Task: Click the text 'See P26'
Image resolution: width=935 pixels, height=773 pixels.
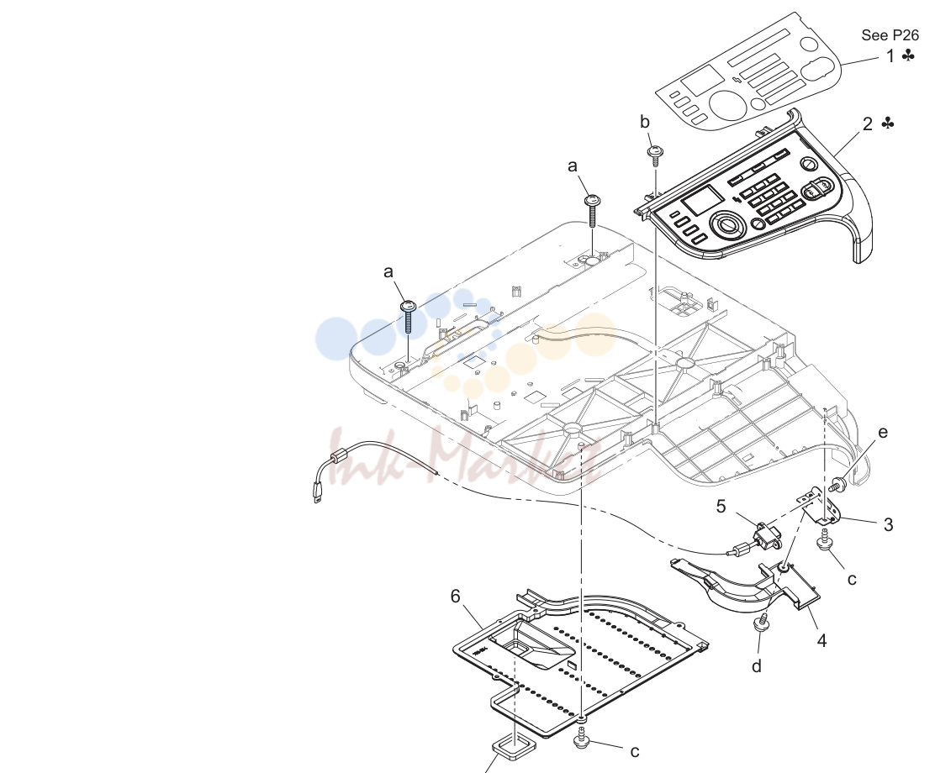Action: pos(890,35)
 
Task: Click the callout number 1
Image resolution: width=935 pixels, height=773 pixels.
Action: pos(890,56)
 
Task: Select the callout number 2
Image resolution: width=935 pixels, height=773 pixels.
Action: pos(868,124)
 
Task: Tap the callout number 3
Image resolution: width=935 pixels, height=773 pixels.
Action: pos(889,524)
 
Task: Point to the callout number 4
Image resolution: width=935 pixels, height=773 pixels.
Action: pos(821,641)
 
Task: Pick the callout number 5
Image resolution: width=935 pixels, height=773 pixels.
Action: pos(721,507)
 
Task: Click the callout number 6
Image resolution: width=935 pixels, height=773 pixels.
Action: pos(456,596)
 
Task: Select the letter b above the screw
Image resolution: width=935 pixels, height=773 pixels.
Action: pos(645,122)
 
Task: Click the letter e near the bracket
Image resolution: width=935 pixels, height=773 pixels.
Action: pos(883,433)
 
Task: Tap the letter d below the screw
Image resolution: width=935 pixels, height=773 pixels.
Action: pos(756,665)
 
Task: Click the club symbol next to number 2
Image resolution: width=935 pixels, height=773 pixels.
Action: pos(888,124)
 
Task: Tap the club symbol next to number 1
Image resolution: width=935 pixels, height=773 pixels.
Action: pos(908,56)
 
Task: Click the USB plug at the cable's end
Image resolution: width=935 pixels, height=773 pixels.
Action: pos(317,493)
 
